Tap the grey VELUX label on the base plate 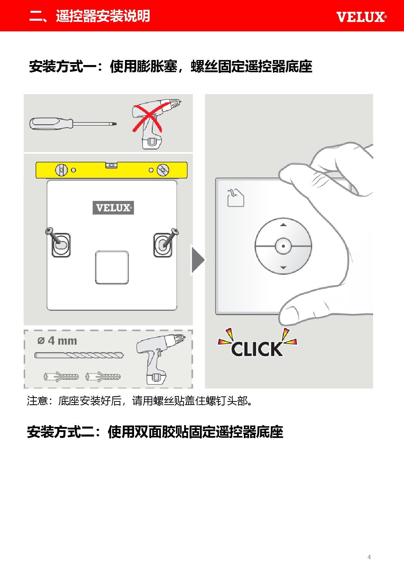[x=113, y=208]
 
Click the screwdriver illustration [x=73, y=124]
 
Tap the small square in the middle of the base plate [x=112, y=267]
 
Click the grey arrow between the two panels [x=198, y=260]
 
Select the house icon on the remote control [x=236, y=198]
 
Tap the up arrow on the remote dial [x=283, y=225]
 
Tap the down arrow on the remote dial [x=283, y=267]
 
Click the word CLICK [x=257, y=349]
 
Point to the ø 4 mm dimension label [x=57, y=341]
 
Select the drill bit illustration [x=79, y=355]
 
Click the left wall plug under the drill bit [x=61, y=377]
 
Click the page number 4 [x=369, y=557]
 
